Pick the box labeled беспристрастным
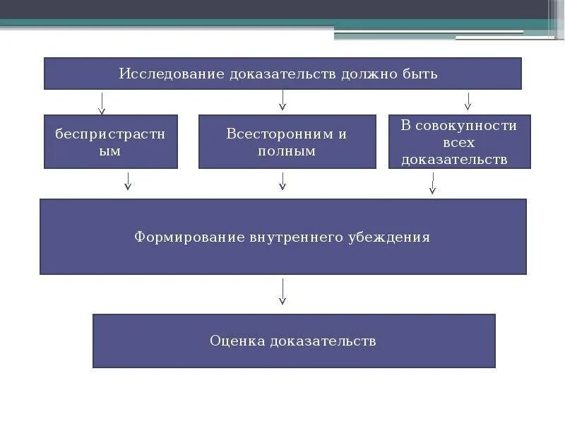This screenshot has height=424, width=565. pyautogui.click(x=111, y=142)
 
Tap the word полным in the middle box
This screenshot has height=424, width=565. pyautogui.click(x=287, y=151)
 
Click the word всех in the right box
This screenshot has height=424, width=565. pyautogui.click(x=459, y=143)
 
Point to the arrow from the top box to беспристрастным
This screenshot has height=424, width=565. pyautogui.click(x=102, y=103)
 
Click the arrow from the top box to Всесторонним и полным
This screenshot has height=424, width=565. pyautogui.click(x=282, y=100)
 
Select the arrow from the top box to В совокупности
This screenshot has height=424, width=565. pyautogui.click(x=468, y=101)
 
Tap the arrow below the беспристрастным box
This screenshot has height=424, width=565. pyautogui.click(x=128, y=182)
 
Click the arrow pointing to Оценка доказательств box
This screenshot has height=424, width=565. pyautogui.click(x=282, y=291)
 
